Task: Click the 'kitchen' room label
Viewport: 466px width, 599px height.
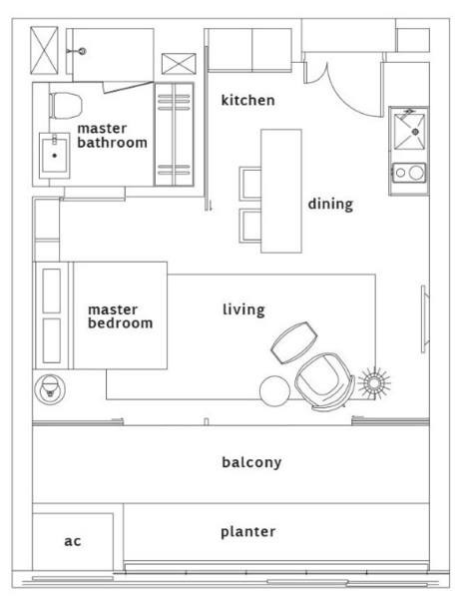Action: [247, 100]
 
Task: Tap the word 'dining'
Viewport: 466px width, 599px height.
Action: [330, 204]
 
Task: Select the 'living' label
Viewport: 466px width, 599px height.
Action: [243, 309]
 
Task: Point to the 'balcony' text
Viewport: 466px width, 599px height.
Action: [251, 462]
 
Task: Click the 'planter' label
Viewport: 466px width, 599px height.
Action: [247, 532]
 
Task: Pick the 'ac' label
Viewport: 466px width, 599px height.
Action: [73, 541]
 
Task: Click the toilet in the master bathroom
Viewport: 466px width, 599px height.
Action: [65, 106]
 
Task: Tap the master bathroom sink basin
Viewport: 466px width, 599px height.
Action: [54, 156]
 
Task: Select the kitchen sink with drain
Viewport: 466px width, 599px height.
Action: [409, 132]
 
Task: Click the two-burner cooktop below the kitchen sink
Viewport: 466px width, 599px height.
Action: [409, 173]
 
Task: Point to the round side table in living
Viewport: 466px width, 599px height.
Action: [274, 391]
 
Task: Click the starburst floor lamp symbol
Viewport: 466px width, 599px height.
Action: [374, 383]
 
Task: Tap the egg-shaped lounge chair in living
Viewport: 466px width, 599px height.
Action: [324, 381]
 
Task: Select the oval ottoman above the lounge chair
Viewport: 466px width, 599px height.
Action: [293, 342]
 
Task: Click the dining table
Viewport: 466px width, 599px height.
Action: [281, 191]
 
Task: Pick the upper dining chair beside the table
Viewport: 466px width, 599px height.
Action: [250, 184]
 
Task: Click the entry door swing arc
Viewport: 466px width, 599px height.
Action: [351, 100]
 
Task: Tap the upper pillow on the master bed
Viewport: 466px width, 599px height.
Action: [52, 291]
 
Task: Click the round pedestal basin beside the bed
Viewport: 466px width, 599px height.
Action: [50, 389]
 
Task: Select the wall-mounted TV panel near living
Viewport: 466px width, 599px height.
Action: [424, 319]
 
